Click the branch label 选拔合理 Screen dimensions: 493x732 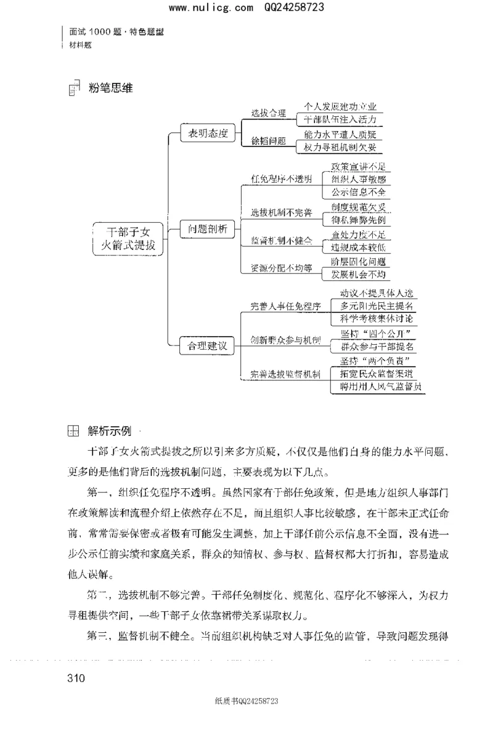pyautogui.click(x=268, y=113)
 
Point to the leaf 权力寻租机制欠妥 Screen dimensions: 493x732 pyautogui.click(x=340, y=147)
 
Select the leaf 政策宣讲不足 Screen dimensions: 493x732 pyautogui.click(x=358, y=166)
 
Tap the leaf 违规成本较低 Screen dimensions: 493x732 pyautogui.click(x=358, y=247)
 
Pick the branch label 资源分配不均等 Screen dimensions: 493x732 pyautogui.click(x=281, y=268)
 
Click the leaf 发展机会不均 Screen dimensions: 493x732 pyautogui.click(x=358, y=274)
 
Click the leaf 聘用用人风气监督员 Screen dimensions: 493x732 pyautogui.click(x=376, y=387)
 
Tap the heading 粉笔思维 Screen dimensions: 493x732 pyautogui.click(x=110, y=88)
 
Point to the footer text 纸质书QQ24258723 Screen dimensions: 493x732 pyautogui.click(x=246, y=701)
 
